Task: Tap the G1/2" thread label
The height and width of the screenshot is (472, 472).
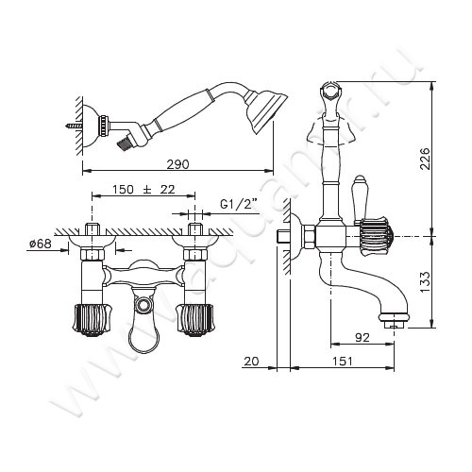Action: tap(235, 203)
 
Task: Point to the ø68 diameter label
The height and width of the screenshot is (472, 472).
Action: tap(40, 244)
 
